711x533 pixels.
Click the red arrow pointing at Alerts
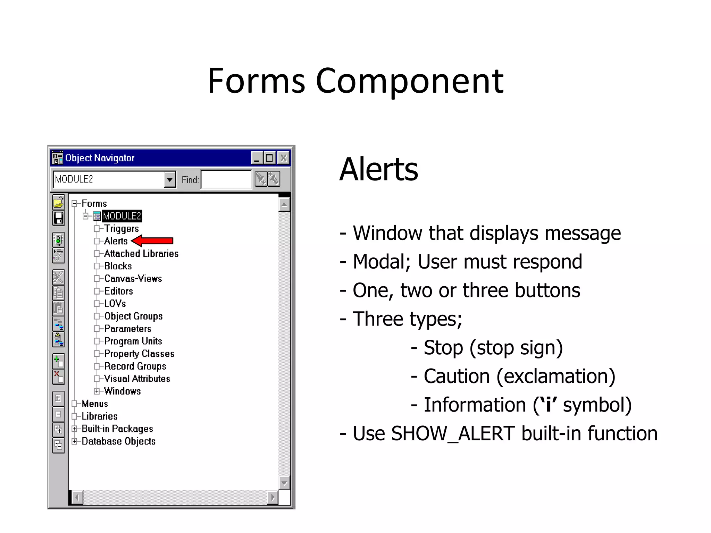point(153,241)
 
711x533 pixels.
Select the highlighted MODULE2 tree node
point(122,216)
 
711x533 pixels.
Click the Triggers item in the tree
point(122,228)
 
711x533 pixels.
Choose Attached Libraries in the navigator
point(141,254)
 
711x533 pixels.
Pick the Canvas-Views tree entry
point(133,279)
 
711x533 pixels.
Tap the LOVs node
point(115,304)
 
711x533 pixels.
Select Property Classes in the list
point(139,354)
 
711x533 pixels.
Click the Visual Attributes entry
point(137,379)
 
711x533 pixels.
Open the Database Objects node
point(118,441)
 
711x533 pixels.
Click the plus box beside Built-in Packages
point(74,429)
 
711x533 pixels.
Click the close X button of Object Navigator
point(283,158)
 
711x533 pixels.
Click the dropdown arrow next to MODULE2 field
point(169,180)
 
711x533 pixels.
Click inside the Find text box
point(226,180)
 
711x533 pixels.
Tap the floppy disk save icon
point(58,218)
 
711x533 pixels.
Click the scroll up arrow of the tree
point(284,204)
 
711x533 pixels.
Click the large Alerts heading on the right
point(379,169)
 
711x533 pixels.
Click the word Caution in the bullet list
point(457,377)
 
